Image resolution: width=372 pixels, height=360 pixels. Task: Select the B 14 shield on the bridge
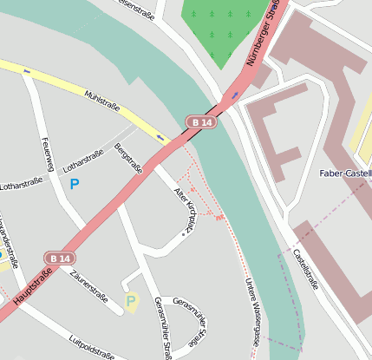pyautogui.click(x=201, y=123)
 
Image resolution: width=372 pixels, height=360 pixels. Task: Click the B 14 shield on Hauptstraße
pyautogui.click(x=60, y=259)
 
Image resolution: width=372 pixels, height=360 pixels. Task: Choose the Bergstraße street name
pyautogui.click(x=128, y=160)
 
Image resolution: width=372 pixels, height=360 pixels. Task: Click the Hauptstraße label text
pyautogui.click(x=33, y=286)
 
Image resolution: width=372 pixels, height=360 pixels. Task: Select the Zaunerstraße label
pyautogui.click(x=90, y=285)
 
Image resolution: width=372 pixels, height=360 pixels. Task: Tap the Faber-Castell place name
pyautogui.click(x=345, y=173)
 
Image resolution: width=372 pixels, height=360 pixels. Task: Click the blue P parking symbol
pyautogui.click(x=75, y=184)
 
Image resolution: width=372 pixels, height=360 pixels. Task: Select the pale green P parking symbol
pyautogui.click(x=131, y=301)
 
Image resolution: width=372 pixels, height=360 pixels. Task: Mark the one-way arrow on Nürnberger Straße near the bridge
pyautogui.click(x=233, y=94)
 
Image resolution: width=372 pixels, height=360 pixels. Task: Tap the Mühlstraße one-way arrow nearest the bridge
pyautogui.click(x=160, y=137)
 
